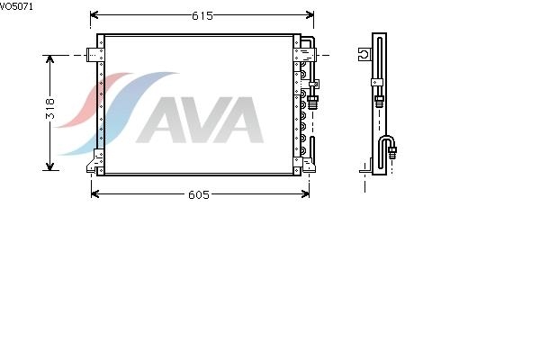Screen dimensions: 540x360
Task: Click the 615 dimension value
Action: [202, 15]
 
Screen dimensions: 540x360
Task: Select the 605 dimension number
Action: [199, 195]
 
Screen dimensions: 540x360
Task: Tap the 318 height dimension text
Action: [50, 109]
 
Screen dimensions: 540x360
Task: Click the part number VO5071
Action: [16, 6]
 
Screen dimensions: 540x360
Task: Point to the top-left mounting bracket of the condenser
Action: [95, 55]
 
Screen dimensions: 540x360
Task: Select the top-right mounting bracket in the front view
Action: [304, 55]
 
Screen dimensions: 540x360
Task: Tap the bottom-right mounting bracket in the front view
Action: [304, 165]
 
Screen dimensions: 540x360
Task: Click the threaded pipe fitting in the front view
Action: [312, 102]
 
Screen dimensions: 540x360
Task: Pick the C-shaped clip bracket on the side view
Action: [365, 54]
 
